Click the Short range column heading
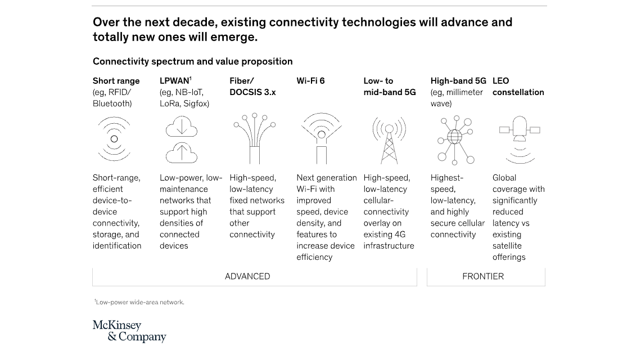click(x=116, y=81)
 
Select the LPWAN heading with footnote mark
click(x=175, y=81)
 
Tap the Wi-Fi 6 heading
click(x=310, y=81)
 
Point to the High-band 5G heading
click(x=458, y=81)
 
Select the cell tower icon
click(x=389, y=140)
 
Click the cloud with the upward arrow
click(x=182, y=152)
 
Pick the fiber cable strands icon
click(x=255, y=138)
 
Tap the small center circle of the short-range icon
click(x=114, y=139)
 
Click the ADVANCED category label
click(x=247, y=276)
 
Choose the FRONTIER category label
click(x=483, y=276)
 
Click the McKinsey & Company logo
click(x=129, y=331)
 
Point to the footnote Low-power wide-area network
click(x=139, y=302)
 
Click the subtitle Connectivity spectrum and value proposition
click(x=192, y=61)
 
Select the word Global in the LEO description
click(x=504, y=178)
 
